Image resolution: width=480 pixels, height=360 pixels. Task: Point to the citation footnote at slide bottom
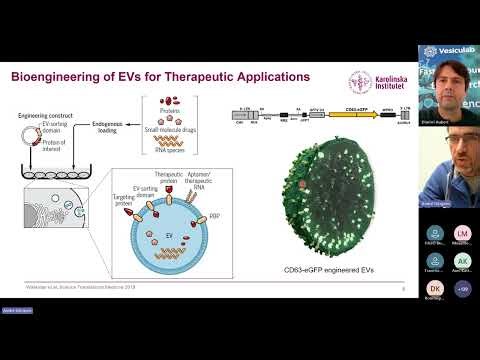point(61,288)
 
